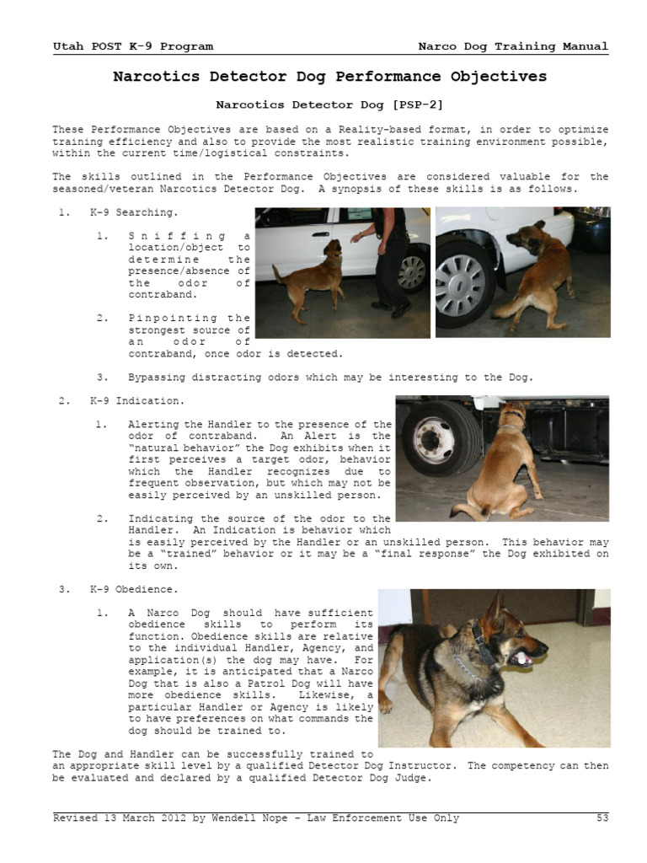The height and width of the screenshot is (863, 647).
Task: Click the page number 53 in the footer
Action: click(601, 818)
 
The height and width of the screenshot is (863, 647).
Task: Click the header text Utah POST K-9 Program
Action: click(132, 46)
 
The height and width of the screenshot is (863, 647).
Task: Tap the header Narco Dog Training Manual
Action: click(513, 46)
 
